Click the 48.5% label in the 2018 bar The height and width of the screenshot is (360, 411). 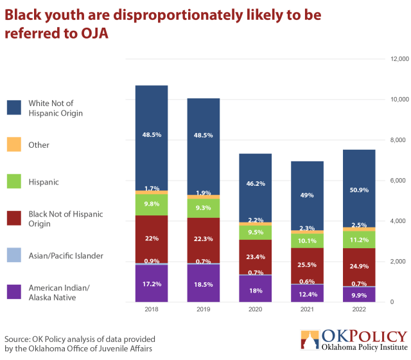[152, 135]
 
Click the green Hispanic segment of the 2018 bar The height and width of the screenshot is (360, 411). [152, 204]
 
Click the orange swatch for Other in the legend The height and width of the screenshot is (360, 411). [15, 145]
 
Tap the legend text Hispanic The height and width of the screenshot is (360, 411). [44, 182]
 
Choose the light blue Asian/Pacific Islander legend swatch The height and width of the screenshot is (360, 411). [15, 256]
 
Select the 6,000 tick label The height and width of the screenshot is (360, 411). [397, 181]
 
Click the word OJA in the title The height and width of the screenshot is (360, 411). [89, 33]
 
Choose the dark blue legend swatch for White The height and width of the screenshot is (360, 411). [15, 108]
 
